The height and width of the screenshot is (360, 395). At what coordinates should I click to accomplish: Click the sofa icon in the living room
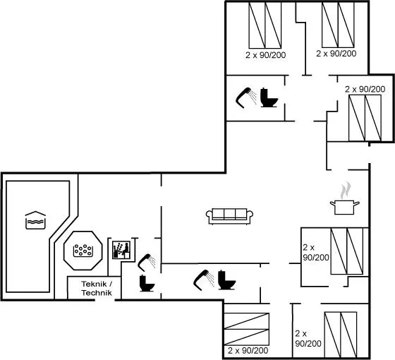pos(229,216)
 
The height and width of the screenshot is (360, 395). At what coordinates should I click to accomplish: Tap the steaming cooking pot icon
pos(345,199)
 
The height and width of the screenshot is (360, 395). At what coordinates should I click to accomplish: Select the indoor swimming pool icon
pos(35,220)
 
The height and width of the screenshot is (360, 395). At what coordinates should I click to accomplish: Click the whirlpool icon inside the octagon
pos(83,251)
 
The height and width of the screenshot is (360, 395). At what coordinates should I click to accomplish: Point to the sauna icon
pos(121,250)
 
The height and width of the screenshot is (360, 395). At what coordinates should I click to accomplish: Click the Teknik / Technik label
pos(97,288)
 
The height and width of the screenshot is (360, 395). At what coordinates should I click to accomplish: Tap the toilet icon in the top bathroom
pos(269,97)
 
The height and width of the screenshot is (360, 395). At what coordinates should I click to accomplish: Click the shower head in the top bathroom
pos(245,97)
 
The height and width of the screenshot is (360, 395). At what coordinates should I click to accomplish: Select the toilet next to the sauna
pos(147,283)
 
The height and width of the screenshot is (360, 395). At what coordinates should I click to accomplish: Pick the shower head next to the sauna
pos(146,263)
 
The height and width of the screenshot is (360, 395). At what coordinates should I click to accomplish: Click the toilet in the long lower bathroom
pos(226,280)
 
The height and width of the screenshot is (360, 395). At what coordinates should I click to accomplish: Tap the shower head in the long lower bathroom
pos(204,280)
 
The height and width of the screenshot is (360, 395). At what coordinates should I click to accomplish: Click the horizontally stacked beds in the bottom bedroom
pos(247,329)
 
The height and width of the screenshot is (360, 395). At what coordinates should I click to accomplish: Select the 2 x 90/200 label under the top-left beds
pos(266,55)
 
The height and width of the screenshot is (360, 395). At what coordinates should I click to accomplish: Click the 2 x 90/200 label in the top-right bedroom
pos(365,89)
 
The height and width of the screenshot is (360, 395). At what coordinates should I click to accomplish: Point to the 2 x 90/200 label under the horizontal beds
pos(248,350)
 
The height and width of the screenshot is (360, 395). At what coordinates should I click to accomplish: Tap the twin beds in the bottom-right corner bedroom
pos(341,335)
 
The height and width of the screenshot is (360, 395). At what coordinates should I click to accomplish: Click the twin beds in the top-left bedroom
pos(265,25)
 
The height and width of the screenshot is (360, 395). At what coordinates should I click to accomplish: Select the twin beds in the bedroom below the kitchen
pos(347,251)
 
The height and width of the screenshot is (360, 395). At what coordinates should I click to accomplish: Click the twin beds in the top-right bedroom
pos(365,118)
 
